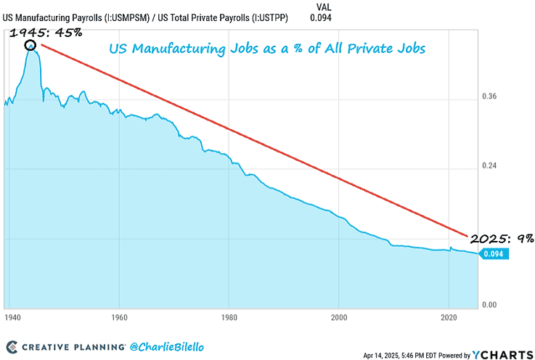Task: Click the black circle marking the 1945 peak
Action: [31, 46]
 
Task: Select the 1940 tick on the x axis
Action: [11, 317]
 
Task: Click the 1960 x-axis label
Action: [120, 317]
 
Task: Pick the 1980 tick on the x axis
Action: [229, 317]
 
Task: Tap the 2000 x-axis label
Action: [339, 317]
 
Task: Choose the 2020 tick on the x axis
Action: [449, 317]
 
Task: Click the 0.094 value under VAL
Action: [320, 17]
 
